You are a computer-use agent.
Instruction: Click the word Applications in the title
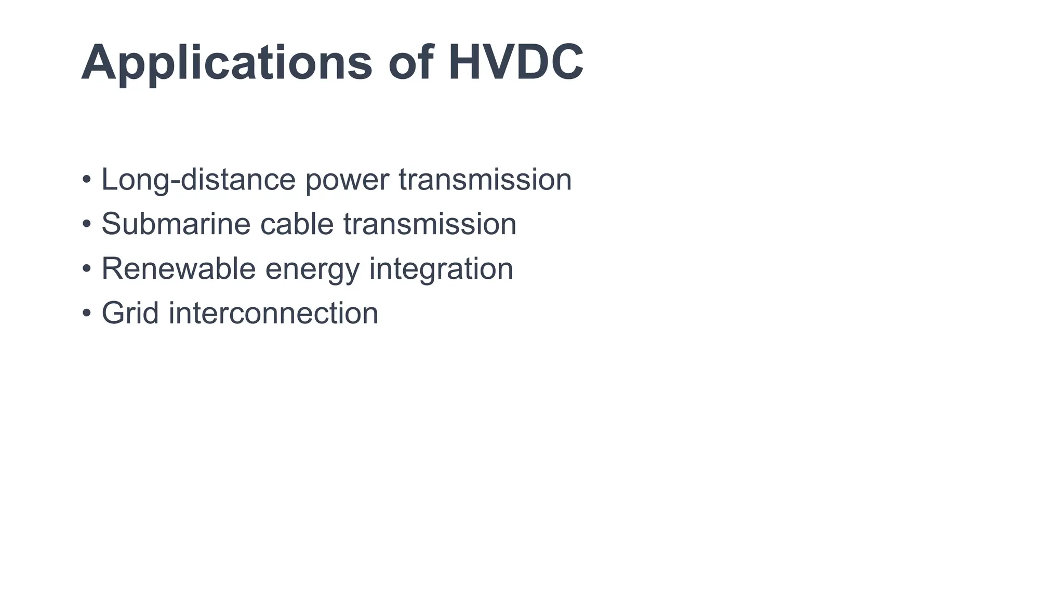227,63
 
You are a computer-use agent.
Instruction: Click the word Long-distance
198,180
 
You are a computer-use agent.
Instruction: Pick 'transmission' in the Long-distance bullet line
485,180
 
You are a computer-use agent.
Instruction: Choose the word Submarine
176,224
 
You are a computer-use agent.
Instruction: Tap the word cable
297,224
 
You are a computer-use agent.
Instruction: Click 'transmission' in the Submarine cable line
430,224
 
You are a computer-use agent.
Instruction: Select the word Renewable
178,269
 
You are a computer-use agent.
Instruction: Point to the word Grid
130,313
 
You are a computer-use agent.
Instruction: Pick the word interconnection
273,314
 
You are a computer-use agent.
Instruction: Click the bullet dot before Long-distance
87,180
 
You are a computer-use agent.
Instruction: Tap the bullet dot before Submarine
87,225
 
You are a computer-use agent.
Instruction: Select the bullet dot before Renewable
87,269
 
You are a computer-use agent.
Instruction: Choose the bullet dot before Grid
87,314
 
